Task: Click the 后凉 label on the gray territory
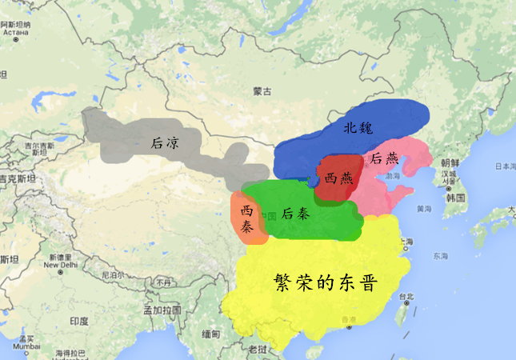[164, 143]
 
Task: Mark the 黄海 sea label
[423, 209]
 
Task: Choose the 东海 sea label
[440, 256]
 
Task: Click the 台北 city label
[407, 297]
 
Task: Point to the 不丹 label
[163, 282]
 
